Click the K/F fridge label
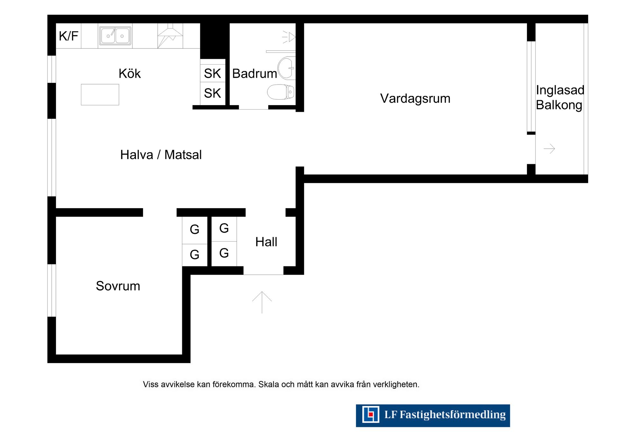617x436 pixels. coord(68,36)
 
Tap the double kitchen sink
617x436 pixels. coord(115,36)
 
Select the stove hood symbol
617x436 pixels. coord(170,36)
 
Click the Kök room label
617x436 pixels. coord(130,74)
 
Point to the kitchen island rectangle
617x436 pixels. coord(100,94)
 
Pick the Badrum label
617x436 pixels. coord(255,74)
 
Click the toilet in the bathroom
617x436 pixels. coord(281,92)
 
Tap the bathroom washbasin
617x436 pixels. coord(286,68)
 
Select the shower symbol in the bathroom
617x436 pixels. coord(289,37)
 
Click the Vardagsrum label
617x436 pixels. coord(415,98)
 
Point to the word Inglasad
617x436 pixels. coord(560,90)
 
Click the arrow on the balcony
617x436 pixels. coord(549,148)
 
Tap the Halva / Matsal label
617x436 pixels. coord(161,155)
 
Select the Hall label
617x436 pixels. coord(266,242)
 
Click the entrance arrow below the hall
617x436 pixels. coord(262,302)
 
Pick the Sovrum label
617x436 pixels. coord(118,286)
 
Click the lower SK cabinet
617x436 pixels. coord(212,93)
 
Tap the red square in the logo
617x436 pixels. coord(371,414)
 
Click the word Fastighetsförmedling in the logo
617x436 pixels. coord(452,415)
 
